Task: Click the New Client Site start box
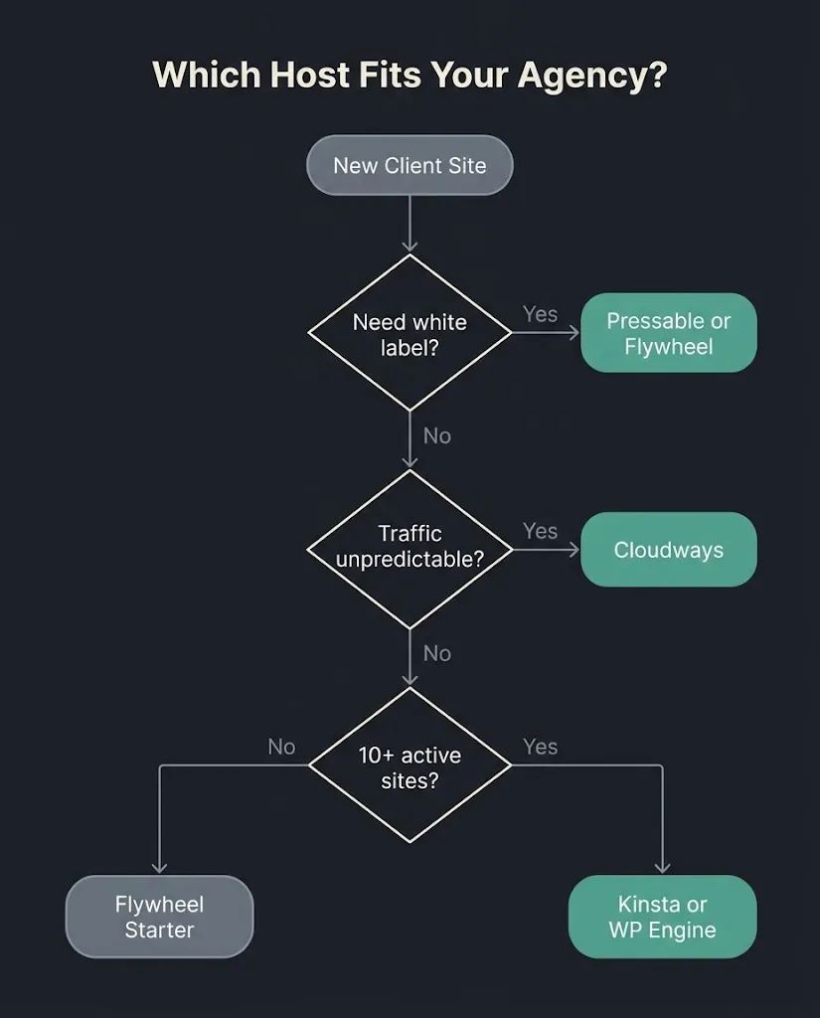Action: click(410, 165)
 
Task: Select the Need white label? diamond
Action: click(410, 333)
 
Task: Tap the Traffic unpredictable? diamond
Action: click(410, 549)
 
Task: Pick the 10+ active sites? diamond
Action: click(410, 765)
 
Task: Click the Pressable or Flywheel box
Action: click(669, 333)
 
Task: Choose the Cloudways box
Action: click(669, 550)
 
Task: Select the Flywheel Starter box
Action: click(160, 917)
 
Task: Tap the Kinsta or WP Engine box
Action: click(662, 917)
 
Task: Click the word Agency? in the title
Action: click(592, 76)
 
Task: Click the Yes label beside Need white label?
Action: click(540, 314)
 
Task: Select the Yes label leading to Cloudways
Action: click(540, 531)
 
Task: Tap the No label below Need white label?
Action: click(437, 435)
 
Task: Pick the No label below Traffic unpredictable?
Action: click(437, 653)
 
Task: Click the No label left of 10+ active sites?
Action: click(281, 747)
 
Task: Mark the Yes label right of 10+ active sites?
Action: click(540, 747)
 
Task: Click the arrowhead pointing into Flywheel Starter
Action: click(160, 869)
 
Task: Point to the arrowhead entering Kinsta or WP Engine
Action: click(662, 869)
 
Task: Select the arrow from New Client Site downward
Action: click(410, 224)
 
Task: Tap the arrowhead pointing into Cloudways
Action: click(574, 550)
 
